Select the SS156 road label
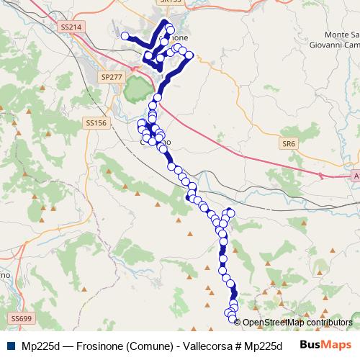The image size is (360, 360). click(x=96, y=123)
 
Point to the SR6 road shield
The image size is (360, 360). click(x=289, y=144)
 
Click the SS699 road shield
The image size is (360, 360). click(x=22, y=318)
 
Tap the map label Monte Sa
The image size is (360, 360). click(x=341, y=35)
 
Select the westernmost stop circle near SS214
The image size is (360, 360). click(x=125, y=36)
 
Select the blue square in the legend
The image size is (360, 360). click(x=13, y=345)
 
